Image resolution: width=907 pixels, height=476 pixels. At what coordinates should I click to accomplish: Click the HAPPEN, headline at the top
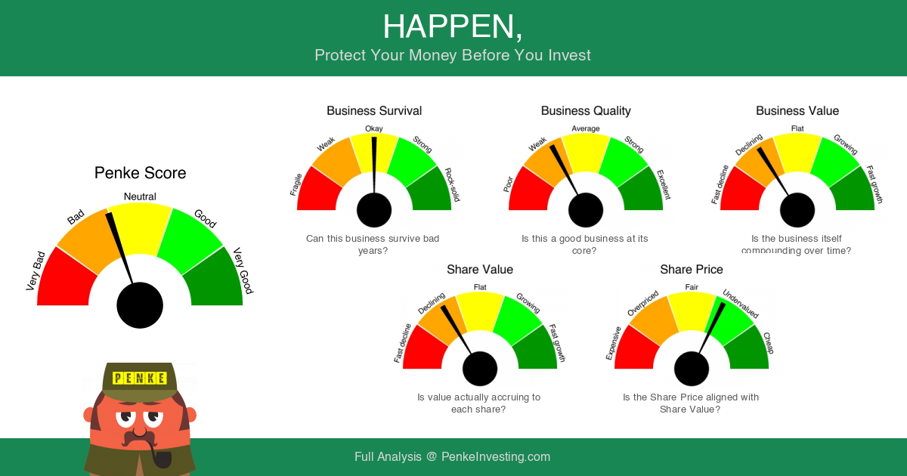tap(453, 27)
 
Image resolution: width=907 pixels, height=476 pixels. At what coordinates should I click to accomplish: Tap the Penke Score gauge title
tap(140, 173)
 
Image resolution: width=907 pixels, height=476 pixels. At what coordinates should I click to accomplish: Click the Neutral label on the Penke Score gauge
tap(140, 196)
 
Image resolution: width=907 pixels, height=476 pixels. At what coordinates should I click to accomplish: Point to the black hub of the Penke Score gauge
tap(140, 305)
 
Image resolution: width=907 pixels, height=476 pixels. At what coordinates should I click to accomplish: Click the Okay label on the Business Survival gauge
tap(373, 128)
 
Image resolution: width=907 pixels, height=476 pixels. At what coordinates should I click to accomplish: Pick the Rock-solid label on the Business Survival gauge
tap(452, 184)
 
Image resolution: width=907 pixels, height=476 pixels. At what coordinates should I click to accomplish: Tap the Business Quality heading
tap(586, 111)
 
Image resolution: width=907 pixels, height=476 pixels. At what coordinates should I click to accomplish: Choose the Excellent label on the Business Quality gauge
tap(664, 184)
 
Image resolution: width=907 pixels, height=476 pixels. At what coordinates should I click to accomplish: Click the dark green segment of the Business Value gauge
tap(853, 191)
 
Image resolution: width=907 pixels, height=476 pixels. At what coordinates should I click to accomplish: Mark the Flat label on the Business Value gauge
tap(797, 128)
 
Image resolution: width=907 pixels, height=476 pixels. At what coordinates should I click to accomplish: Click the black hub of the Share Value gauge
tap(480, 369)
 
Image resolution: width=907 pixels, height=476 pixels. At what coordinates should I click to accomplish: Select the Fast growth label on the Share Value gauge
tap(557, 343)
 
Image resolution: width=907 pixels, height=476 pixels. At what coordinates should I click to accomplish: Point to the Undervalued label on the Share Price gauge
tap(741, 304)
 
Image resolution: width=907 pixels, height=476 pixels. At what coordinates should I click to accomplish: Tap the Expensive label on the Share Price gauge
tap(613, 343)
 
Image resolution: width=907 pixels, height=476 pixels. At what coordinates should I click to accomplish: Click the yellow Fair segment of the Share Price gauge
tap(691, 311)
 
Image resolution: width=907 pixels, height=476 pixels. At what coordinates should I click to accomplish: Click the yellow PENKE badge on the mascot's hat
tap(140, 378)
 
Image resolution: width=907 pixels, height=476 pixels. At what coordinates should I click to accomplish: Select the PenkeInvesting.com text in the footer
tap(496, 456)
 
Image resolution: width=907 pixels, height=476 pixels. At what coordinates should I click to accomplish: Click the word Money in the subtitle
tap(433, 55)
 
